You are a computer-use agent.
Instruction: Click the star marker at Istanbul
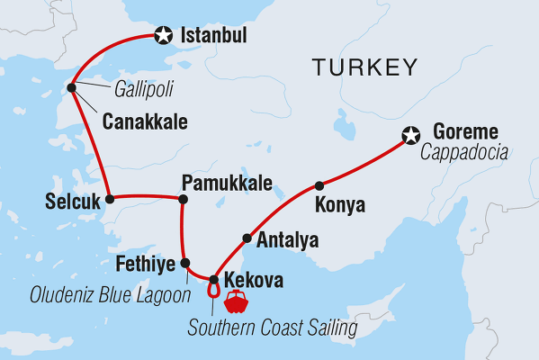163,36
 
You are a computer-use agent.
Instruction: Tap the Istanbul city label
213,37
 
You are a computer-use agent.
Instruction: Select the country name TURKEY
364,67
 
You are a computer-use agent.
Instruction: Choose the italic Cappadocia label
463,154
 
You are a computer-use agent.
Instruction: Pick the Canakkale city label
145,120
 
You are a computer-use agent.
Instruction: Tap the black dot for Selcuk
110,197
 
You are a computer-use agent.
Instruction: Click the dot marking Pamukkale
182,198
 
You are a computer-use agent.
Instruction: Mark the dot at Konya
319,186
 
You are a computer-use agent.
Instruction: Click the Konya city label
340,206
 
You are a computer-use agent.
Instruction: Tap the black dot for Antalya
246,238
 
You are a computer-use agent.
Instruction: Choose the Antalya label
287,240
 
